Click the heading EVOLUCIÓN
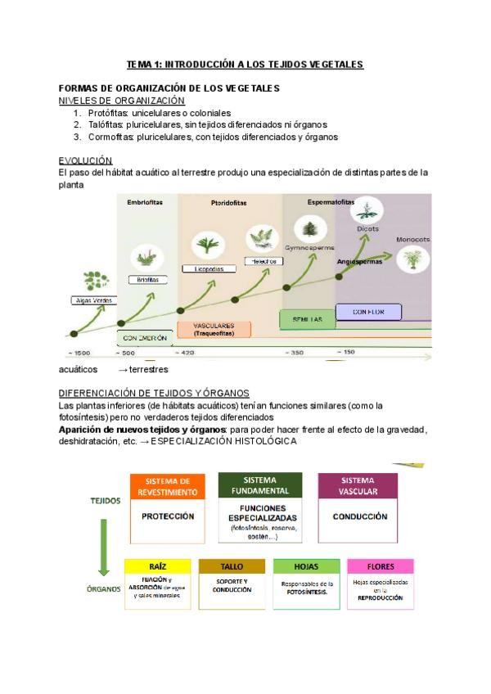85,160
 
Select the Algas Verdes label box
92,301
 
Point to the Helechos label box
262,261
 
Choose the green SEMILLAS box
307,318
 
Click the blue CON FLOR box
367,312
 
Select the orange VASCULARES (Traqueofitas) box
214,329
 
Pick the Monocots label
412,240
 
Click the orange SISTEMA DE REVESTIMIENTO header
168,487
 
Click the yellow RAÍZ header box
158,566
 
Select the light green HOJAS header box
306,566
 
